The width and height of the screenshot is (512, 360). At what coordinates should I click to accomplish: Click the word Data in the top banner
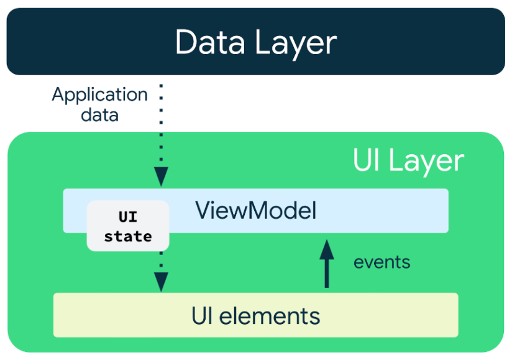point(209,42)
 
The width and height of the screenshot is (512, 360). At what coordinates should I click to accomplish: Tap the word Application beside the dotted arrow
point(99,95)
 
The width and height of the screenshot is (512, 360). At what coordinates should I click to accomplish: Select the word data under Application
point(99,114)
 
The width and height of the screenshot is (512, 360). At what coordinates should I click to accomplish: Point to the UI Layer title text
point(408,160)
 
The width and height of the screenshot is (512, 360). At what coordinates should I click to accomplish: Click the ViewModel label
point(256,211)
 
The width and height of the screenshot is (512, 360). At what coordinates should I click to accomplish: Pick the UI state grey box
point(127,226)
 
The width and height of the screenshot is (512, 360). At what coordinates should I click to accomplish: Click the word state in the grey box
point(127,236)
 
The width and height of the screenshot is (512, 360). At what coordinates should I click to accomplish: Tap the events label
point(382,262)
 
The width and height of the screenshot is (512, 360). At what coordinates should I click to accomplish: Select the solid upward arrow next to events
point(327,264)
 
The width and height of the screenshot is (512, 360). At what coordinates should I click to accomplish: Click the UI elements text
point(255,316)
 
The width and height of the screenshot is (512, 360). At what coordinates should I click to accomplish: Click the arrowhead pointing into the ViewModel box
point(161,178)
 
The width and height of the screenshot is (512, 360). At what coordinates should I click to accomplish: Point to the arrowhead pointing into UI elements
point(161,283)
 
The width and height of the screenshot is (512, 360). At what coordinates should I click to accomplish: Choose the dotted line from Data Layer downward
point(161,124)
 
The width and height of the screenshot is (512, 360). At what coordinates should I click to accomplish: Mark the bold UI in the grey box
point(127,218)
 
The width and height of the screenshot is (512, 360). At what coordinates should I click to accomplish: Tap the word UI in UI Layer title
point(367,160)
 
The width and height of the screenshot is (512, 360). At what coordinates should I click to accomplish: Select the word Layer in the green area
point(426,160)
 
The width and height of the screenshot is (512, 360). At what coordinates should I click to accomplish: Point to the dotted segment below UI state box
point(161,261)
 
